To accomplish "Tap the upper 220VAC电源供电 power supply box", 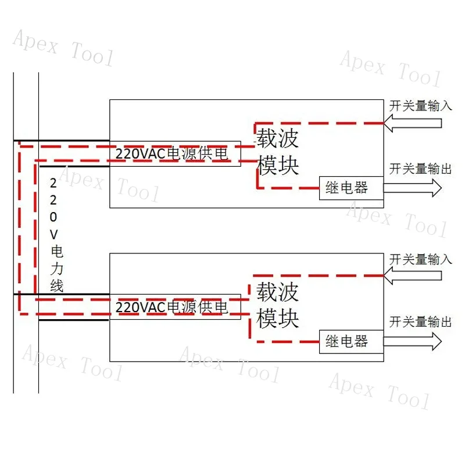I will pyautogui.click(x=175, y=154).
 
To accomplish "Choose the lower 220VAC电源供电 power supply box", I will pyautogui.click(x=175, y=306).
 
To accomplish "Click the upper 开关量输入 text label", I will pyautogui.click(x=421, y=106).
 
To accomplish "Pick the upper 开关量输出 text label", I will pyautogui.click(x=421, y=169).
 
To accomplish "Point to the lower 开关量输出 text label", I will pyautogui.click(x=421, y=322).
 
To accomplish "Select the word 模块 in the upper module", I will pyautogui.click(x=277, y=165).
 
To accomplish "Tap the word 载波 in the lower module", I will pyautogui.click(x=277, y=291).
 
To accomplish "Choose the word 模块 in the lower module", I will pyautogui.click(x=277, y=318).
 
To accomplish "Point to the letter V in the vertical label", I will pyautogui.click(x=55, y=234).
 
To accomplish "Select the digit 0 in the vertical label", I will pyautogui.click(x=54, y=217).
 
